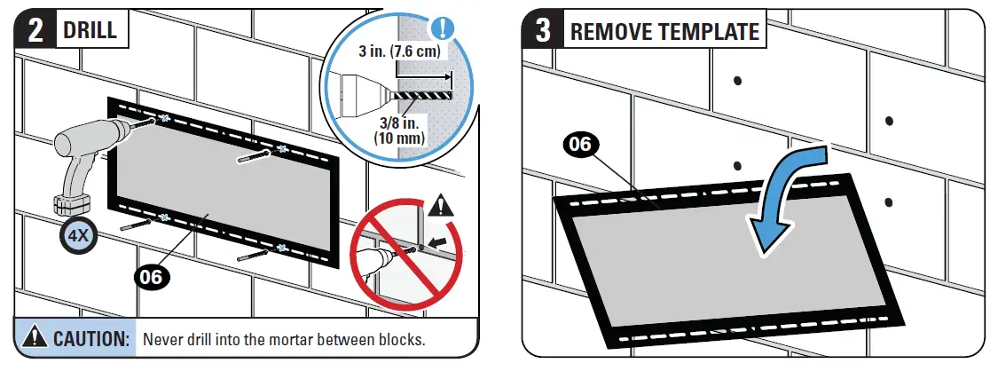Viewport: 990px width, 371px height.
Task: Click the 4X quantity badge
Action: coord(77,236)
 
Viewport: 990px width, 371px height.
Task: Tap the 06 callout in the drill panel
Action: coord(153,276)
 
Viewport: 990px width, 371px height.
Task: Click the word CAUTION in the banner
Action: coord(92,339)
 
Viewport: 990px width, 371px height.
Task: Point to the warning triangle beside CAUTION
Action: coord(35,338)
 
